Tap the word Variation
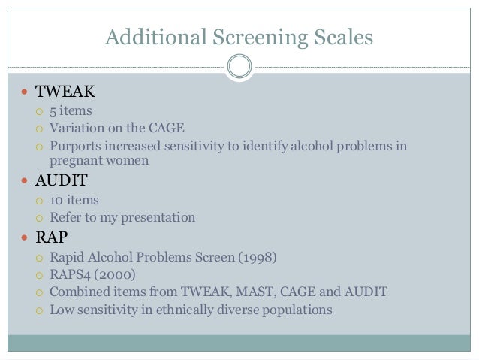(x=77, y=128)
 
